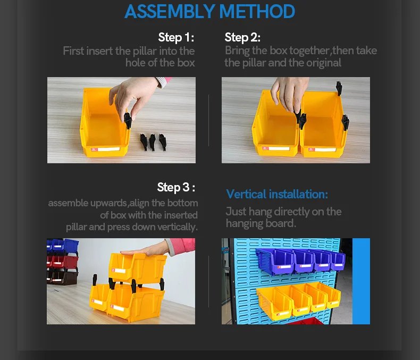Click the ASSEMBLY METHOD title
point(209,12)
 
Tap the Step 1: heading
point(176,37)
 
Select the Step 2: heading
point(242,37)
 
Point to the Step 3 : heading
point(176,187)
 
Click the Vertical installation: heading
point(277,194)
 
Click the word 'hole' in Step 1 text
point(136,63)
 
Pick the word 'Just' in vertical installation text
point(236,212)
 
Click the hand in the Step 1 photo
point(134,95)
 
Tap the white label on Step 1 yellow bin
point(108,149)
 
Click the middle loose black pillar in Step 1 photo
point(152,142)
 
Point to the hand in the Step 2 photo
point(289,93)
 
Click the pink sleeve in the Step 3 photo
point(181,246)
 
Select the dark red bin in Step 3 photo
point(63,262)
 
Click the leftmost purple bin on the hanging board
point(274,262)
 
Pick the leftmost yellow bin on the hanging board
point(274,303)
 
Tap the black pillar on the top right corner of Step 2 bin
point(339,88)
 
